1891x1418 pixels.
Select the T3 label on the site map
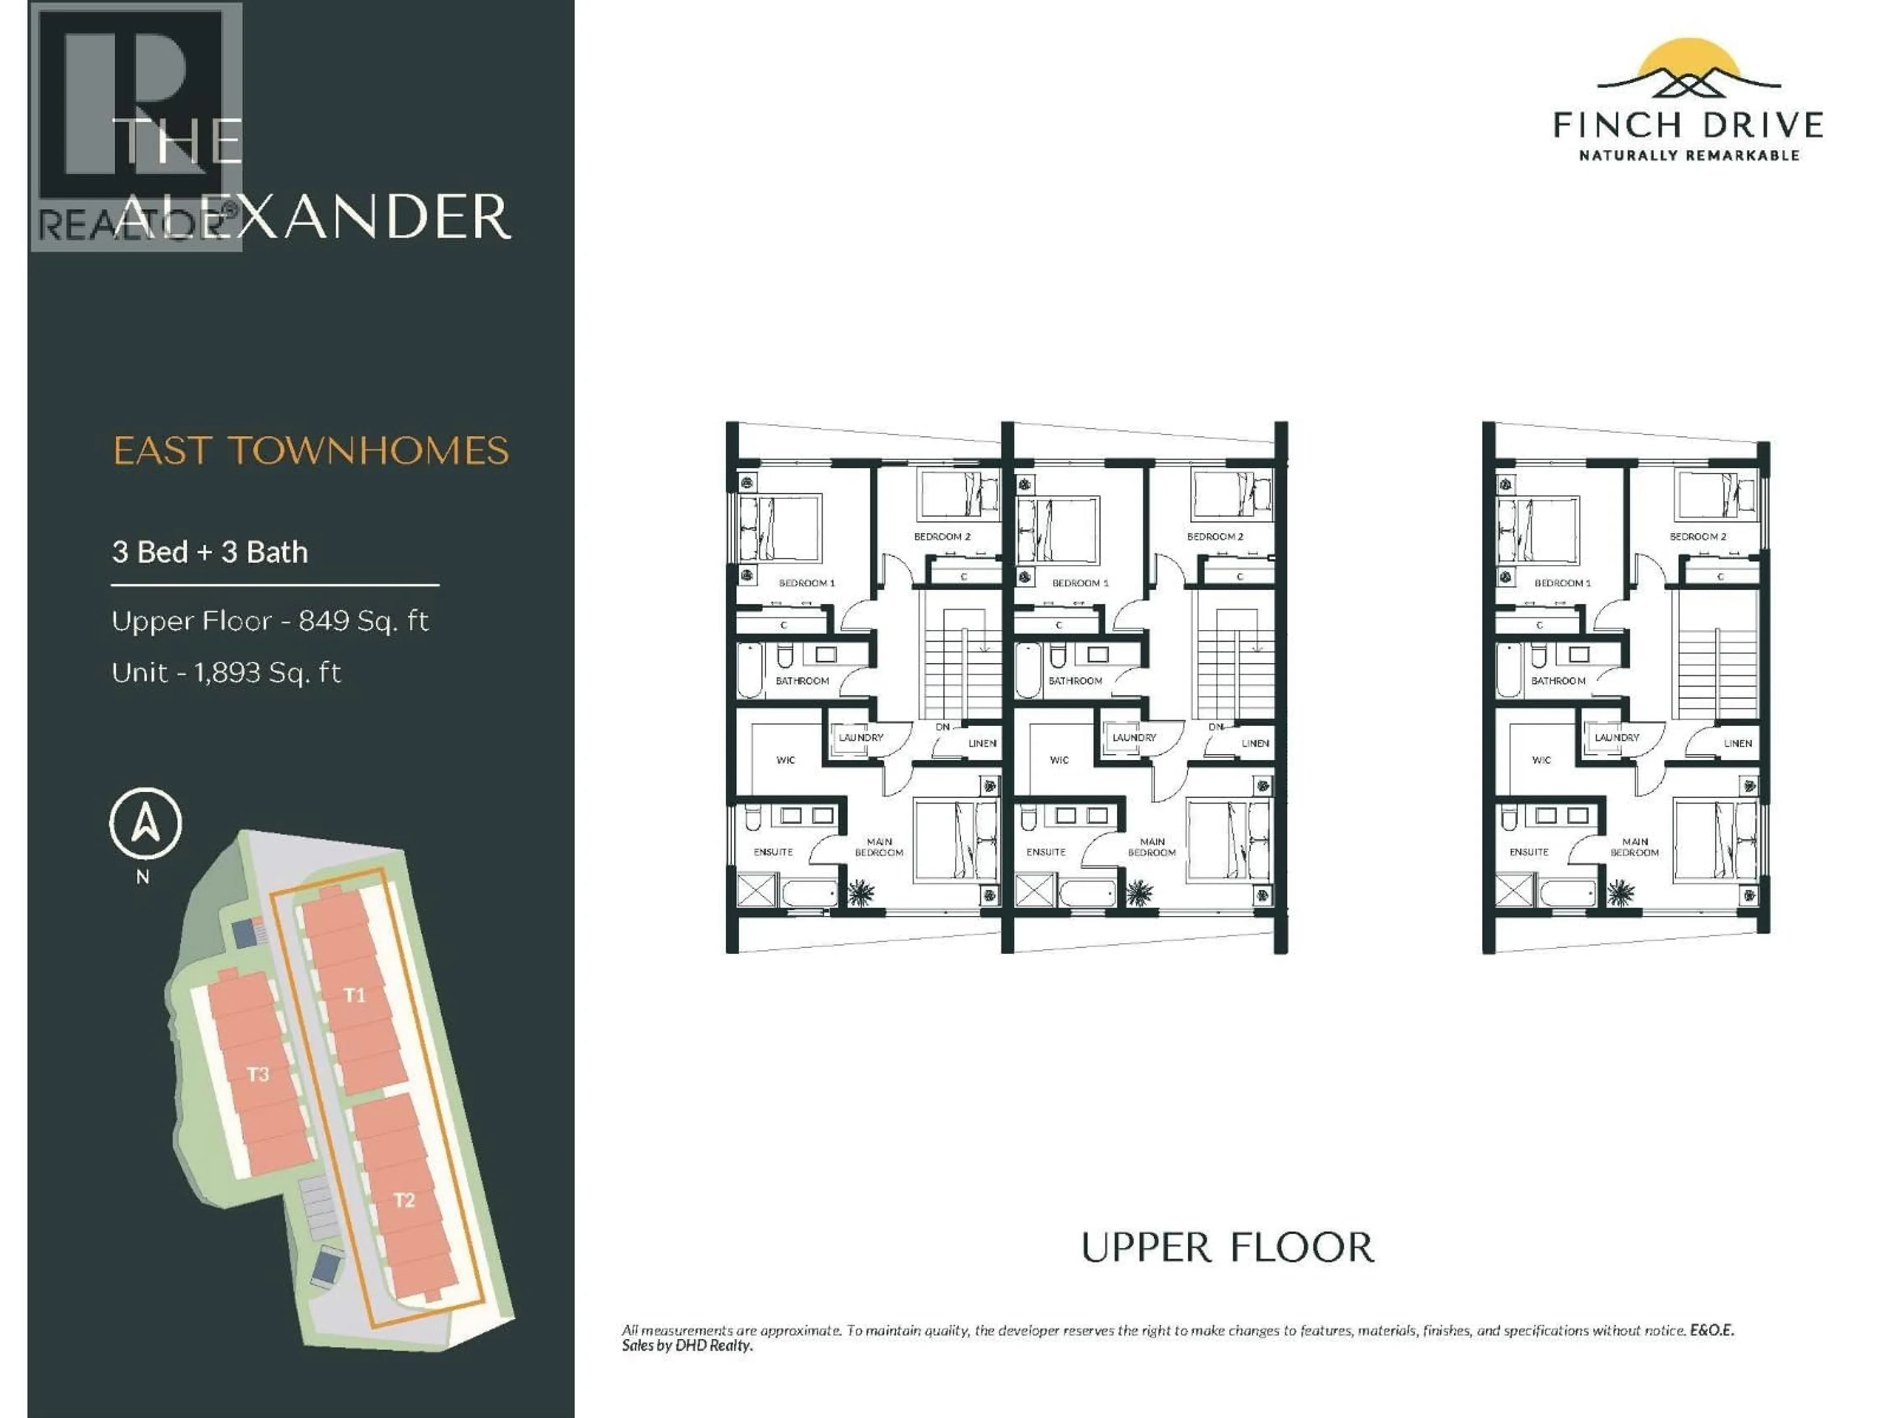pyautogui.click(x=258, y=1073)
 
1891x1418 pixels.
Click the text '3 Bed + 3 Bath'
pyautogui.click(x=209, y=552)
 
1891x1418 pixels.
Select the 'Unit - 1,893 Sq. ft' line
pyautogui.click(x=226, y=673)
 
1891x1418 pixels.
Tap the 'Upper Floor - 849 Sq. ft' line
pyautogui.click(x=269, y=620)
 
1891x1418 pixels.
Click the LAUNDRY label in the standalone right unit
pyautogui.click(x=1617, y=737)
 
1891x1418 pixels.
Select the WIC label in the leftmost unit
pyautogui.click(x=785, y=760)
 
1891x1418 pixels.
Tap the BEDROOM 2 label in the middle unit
pyautogui.click(x=1215, y=537)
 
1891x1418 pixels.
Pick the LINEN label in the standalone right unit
pyautogui.click(x=1737, y=743)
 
